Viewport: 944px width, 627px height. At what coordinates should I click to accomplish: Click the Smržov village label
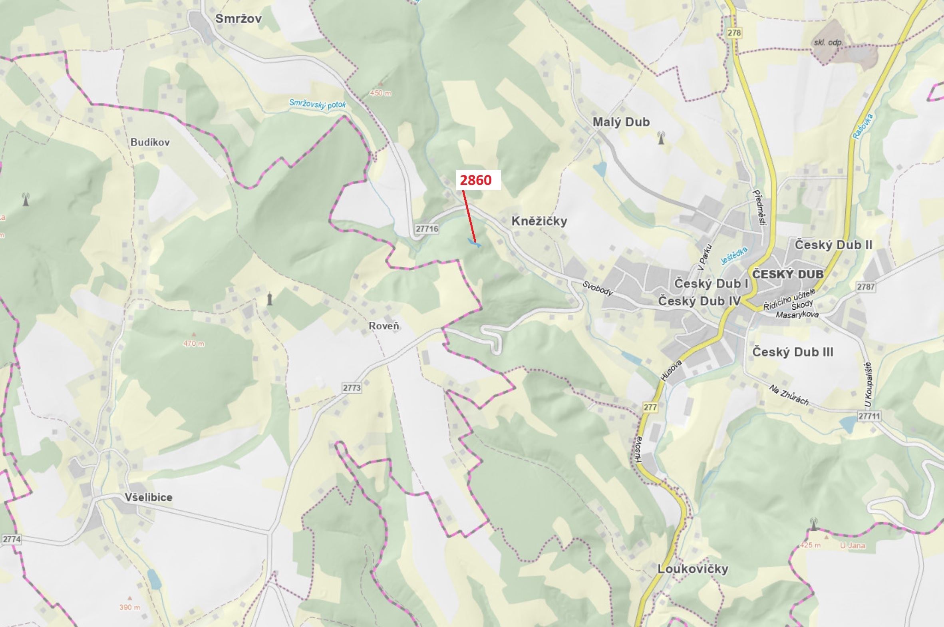coord(238,18)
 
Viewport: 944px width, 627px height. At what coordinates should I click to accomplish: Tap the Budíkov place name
coord(150,142)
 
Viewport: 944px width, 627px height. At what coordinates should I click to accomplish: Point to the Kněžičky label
coord(539,221)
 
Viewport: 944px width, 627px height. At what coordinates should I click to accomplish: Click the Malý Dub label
coord(621,122)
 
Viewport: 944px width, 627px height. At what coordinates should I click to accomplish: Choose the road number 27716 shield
coord(427,229)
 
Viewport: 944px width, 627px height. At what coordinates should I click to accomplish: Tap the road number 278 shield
coord(734,33)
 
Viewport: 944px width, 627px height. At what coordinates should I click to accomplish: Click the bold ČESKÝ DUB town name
coord(788,274)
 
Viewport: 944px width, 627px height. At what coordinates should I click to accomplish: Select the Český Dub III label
coord(793,352)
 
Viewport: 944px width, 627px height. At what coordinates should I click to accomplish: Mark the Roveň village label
coord(384,326)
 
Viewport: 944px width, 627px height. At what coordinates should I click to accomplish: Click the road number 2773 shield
coord(351,388)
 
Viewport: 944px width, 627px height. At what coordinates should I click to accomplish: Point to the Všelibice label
coord(148,498)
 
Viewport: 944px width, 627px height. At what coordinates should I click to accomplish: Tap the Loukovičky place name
coord(693,569)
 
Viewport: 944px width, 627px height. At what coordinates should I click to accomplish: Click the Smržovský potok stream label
coord(317,104)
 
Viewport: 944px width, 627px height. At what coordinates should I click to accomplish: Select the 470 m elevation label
coord(193,344)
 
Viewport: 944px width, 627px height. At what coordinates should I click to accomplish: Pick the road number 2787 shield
coord(866,287)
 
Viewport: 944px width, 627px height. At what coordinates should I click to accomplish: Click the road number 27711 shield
coord(869,416)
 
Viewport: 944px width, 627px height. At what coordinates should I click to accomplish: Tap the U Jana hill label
coord(853,545)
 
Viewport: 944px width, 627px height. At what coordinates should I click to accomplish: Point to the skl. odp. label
coord(828,42)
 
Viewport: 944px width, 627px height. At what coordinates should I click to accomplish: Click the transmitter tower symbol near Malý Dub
coord(662,138)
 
